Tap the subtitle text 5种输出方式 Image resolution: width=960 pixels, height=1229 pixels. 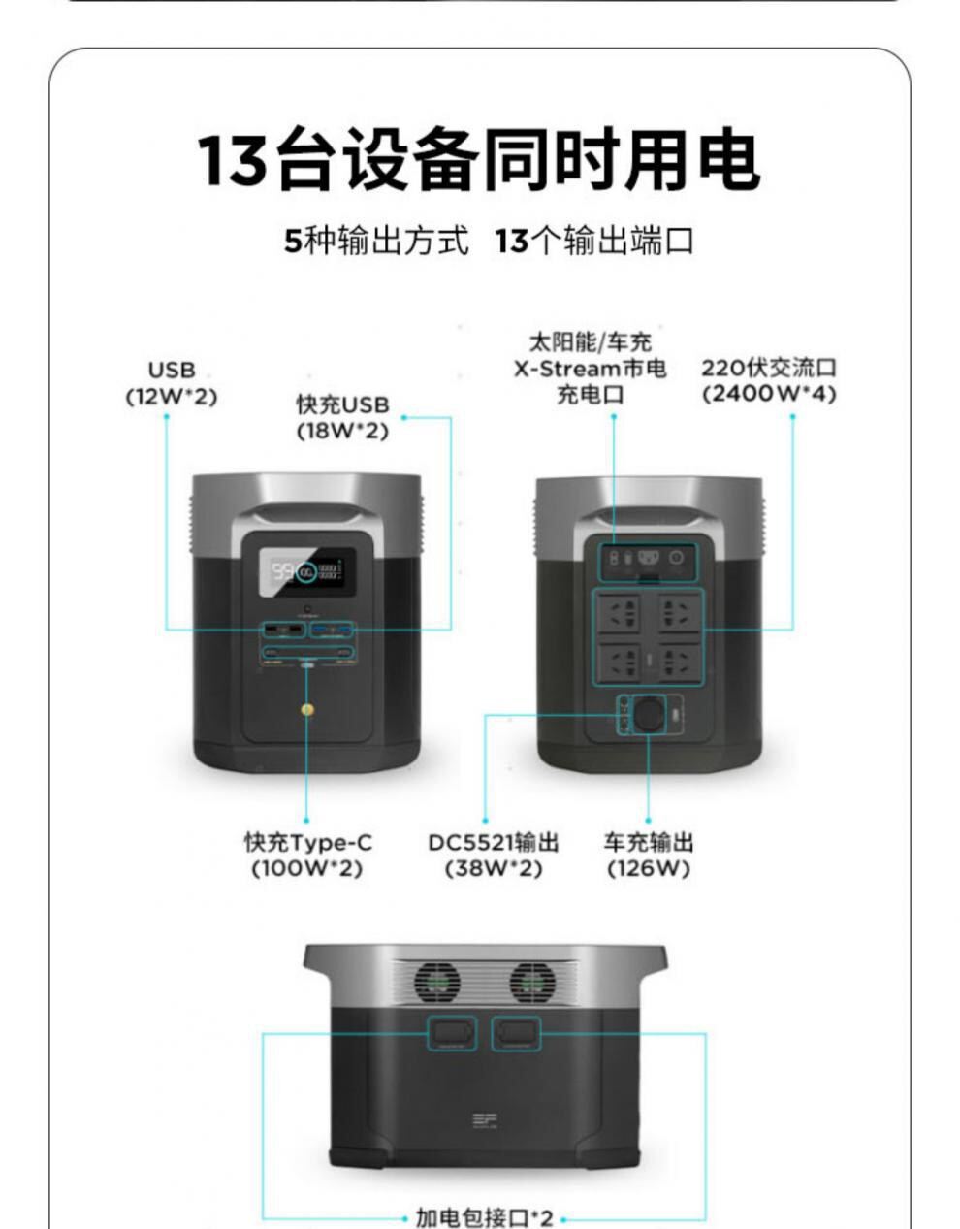376,240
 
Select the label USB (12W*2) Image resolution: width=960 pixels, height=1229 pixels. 172,383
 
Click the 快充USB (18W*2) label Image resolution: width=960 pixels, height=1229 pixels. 342,417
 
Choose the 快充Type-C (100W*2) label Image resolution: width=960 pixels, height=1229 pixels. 306,855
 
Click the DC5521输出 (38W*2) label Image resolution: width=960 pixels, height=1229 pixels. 493,855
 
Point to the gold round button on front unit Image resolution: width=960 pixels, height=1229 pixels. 307,710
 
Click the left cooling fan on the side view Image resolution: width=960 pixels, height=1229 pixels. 437,983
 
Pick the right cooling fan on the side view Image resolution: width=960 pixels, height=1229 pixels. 532,983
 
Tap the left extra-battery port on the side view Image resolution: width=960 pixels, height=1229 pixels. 451,1033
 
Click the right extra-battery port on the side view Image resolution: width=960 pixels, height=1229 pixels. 516,1033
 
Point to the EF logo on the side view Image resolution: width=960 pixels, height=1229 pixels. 483,1121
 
